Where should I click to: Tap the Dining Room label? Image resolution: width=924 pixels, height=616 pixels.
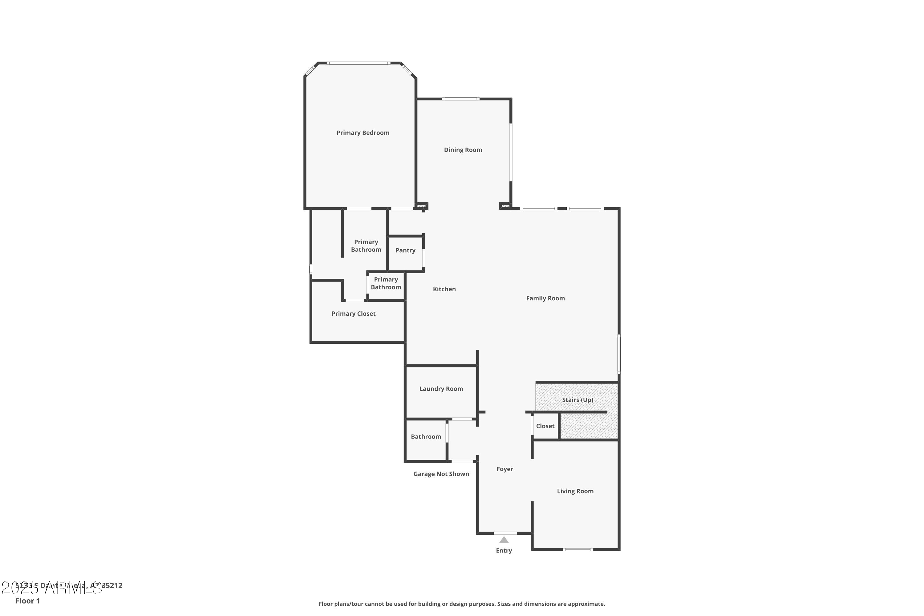point(463,150)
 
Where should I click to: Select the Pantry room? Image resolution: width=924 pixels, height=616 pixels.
point(405,250)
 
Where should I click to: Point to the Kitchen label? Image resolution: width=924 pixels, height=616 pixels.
point(444,289)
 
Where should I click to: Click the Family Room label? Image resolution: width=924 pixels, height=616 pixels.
point(545,298)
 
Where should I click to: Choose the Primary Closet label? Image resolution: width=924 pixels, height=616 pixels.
point(353,314)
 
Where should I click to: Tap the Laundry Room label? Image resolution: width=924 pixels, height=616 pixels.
point(441,388)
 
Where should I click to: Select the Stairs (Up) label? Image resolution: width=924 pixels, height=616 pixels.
point(577,399)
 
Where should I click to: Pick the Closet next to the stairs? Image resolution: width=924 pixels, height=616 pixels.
point(545,426)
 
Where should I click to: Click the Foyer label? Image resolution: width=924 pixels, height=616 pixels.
point(505,469)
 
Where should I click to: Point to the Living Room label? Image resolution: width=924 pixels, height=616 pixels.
point(575,491)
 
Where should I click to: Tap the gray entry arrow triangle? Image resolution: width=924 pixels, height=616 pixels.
point(504,540)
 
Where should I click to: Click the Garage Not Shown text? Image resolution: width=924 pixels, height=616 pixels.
point(441,474)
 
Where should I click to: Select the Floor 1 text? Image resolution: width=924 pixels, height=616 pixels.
point(27,601)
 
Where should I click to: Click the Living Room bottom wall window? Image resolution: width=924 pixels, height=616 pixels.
point(577,549)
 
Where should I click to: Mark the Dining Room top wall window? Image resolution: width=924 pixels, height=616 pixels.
point(460,99)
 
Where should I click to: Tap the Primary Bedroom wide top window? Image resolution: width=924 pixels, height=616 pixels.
point(358,63)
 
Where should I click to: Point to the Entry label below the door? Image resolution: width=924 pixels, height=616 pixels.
point(504,550)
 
